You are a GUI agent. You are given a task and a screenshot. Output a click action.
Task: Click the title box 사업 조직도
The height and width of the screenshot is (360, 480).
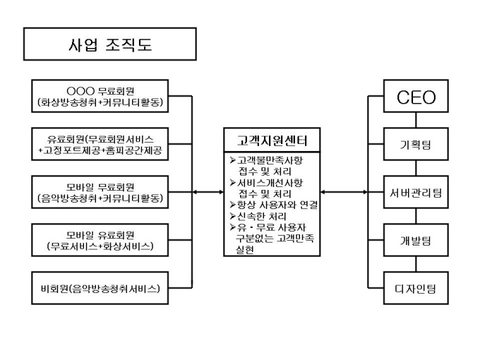tap(109, 46)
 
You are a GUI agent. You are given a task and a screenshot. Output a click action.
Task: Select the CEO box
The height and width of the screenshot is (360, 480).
tap(416, 97)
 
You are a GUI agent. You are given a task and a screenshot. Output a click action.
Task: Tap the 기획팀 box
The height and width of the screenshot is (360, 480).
tap(416, 145)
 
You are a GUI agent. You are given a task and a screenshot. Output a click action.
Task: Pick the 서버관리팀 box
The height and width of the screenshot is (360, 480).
tap(416, 192)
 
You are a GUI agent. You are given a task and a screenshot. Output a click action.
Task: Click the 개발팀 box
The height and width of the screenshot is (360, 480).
tap(416, 240)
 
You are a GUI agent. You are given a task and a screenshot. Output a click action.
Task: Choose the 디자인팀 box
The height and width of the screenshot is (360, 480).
tap(416, 287)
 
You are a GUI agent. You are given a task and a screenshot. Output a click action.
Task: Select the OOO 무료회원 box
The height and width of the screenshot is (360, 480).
tap(102, 97)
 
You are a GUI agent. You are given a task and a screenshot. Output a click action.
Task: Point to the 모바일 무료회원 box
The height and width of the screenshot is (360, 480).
tap(102, 193)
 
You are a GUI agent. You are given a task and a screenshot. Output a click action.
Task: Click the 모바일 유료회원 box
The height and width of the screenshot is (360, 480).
tap(102, 241)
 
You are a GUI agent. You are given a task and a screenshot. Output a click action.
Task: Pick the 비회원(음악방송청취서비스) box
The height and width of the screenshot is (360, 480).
tap(102, 288)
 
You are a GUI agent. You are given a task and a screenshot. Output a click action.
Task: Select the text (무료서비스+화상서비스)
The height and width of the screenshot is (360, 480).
tap(102, 246)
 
